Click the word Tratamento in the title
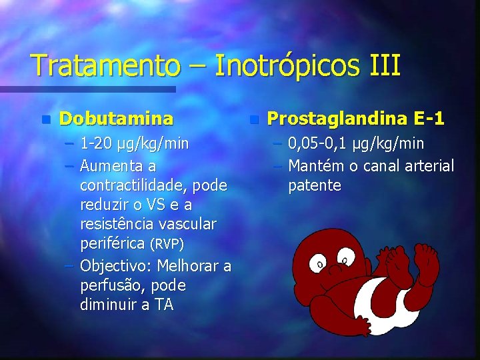pos(105,66)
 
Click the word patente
pos(314,185)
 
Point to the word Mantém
pos(317,165)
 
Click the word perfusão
pos(108,285)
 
